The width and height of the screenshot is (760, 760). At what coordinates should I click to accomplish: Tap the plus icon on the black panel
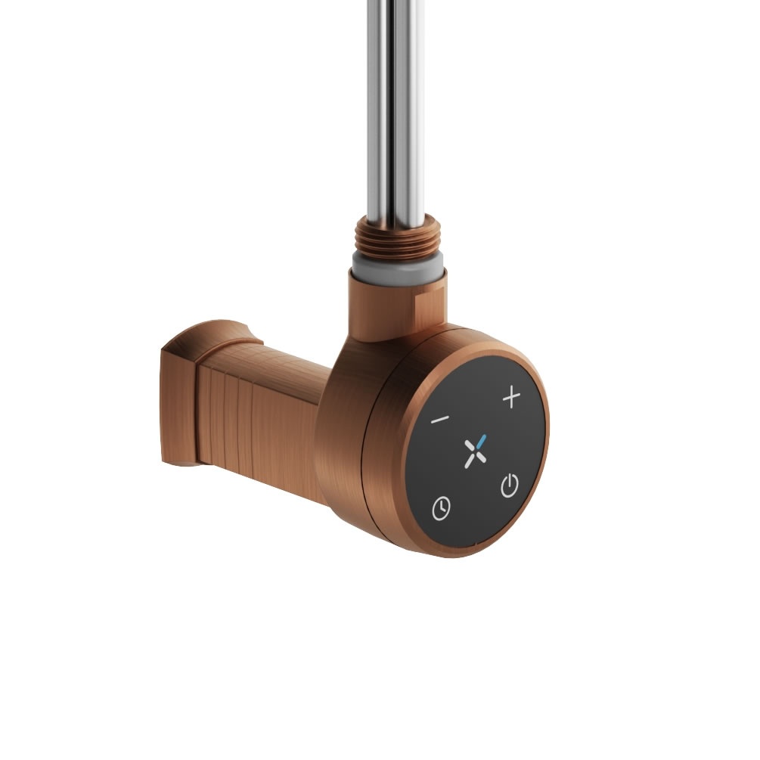pos(512,397)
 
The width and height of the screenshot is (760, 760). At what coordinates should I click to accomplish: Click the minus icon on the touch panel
pos(440,419)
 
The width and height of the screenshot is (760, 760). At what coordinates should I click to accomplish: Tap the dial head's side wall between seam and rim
pos(389,454)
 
